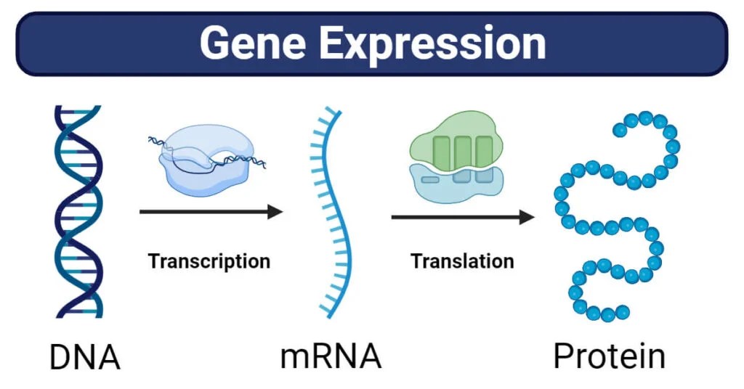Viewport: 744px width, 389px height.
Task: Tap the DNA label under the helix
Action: pos(84,357)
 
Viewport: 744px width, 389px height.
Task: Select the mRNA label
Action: pos(331,357)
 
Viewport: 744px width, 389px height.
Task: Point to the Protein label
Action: pos(609,357)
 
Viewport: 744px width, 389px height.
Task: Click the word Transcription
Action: pos(209,261)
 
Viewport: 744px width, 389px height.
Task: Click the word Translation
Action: pos(462,261)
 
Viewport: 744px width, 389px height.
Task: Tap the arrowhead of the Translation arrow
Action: pos(527,217)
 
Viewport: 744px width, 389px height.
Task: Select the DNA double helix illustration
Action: pos(78,210)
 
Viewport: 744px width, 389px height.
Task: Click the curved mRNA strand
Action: pos(340,210)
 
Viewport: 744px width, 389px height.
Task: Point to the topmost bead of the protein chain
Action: pos(645,118)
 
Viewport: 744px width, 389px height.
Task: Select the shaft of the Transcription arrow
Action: pos(203,212)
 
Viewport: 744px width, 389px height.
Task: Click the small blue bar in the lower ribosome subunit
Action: pos(430,179)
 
